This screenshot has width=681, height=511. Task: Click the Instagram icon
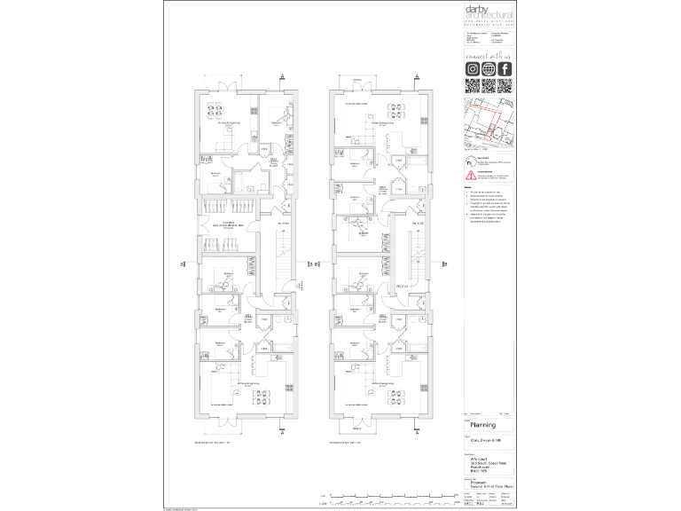[x=473, y=69]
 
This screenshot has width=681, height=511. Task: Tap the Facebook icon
[x=505, y=69]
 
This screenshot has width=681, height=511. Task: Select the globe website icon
[x=489, y=69]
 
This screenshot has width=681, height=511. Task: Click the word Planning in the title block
[x=482, y=426]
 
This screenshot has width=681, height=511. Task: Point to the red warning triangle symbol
[x=471, y=177]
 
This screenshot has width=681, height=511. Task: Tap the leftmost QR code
[x=473, y=86]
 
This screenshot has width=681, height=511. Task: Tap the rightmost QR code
[x=505, y=86]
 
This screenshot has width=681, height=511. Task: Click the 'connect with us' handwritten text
[x=489, y=55]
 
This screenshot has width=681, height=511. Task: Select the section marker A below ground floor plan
[x=281, y=436]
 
